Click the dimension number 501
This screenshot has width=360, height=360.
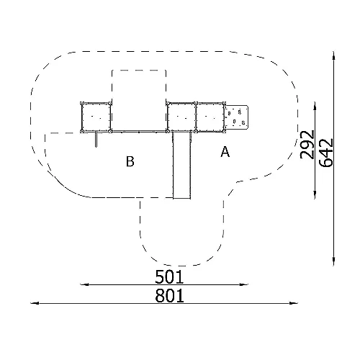[169, 276]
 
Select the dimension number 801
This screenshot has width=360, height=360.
[169, 295]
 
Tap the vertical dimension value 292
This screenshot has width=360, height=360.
[307, 145]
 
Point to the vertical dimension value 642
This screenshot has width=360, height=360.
[326, 153]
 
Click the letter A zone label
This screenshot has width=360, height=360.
[225, 152]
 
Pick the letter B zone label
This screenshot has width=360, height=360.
[130, 161]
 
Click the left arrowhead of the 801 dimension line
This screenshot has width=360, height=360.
[35, 303]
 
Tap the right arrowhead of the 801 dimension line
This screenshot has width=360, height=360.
[294, 303]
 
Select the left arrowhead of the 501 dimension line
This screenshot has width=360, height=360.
[84, 284]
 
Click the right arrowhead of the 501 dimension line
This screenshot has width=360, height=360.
[244, 284]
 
